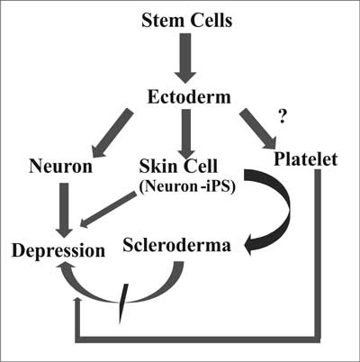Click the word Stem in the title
pyautogui.click(x=162, y=21)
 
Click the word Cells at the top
pyautogui.click(x=211, y=21)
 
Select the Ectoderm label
pyautogui.click(x=189, y=97)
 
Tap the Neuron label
pyautogui.click(x=60, y=166)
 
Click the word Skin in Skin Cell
pyautogui.click(x=158, y=166)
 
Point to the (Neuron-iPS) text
pyautogui.click(x=187, y=186)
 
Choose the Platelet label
pyautogui.click(x=306, y=159)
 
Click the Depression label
pyautogui.click(x=58, y=251)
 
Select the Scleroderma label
pyautogui.click(x=176, y=245)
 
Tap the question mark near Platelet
pyautogui.click(x=282, y=117)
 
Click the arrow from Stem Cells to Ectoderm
pyautogui.click(x=185, y=59)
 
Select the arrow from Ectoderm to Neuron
pyautogui.click(x=112, y=132)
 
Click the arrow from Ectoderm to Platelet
pyautogui.click(x=258, y=129)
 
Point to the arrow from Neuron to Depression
pyautogui.click(x=65, y=210)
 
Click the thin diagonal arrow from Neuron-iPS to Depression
pyautogui.click(x=108, y=210)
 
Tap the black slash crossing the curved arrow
pyautogui.click(x=123, y=303)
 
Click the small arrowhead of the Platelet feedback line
pyautogui.click(x=78, y=301)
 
